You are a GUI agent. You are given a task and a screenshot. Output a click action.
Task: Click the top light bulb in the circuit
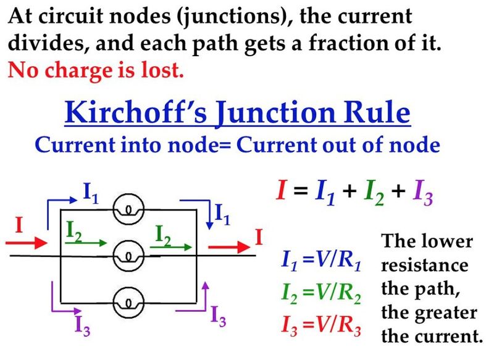pos(129,209)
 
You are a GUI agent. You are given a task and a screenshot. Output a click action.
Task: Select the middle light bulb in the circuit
pos(129,254)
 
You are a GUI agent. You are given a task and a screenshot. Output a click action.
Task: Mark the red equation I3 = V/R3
pos(320,323)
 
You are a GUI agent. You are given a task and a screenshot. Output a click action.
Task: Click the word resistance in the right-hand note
pos(425,266)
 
